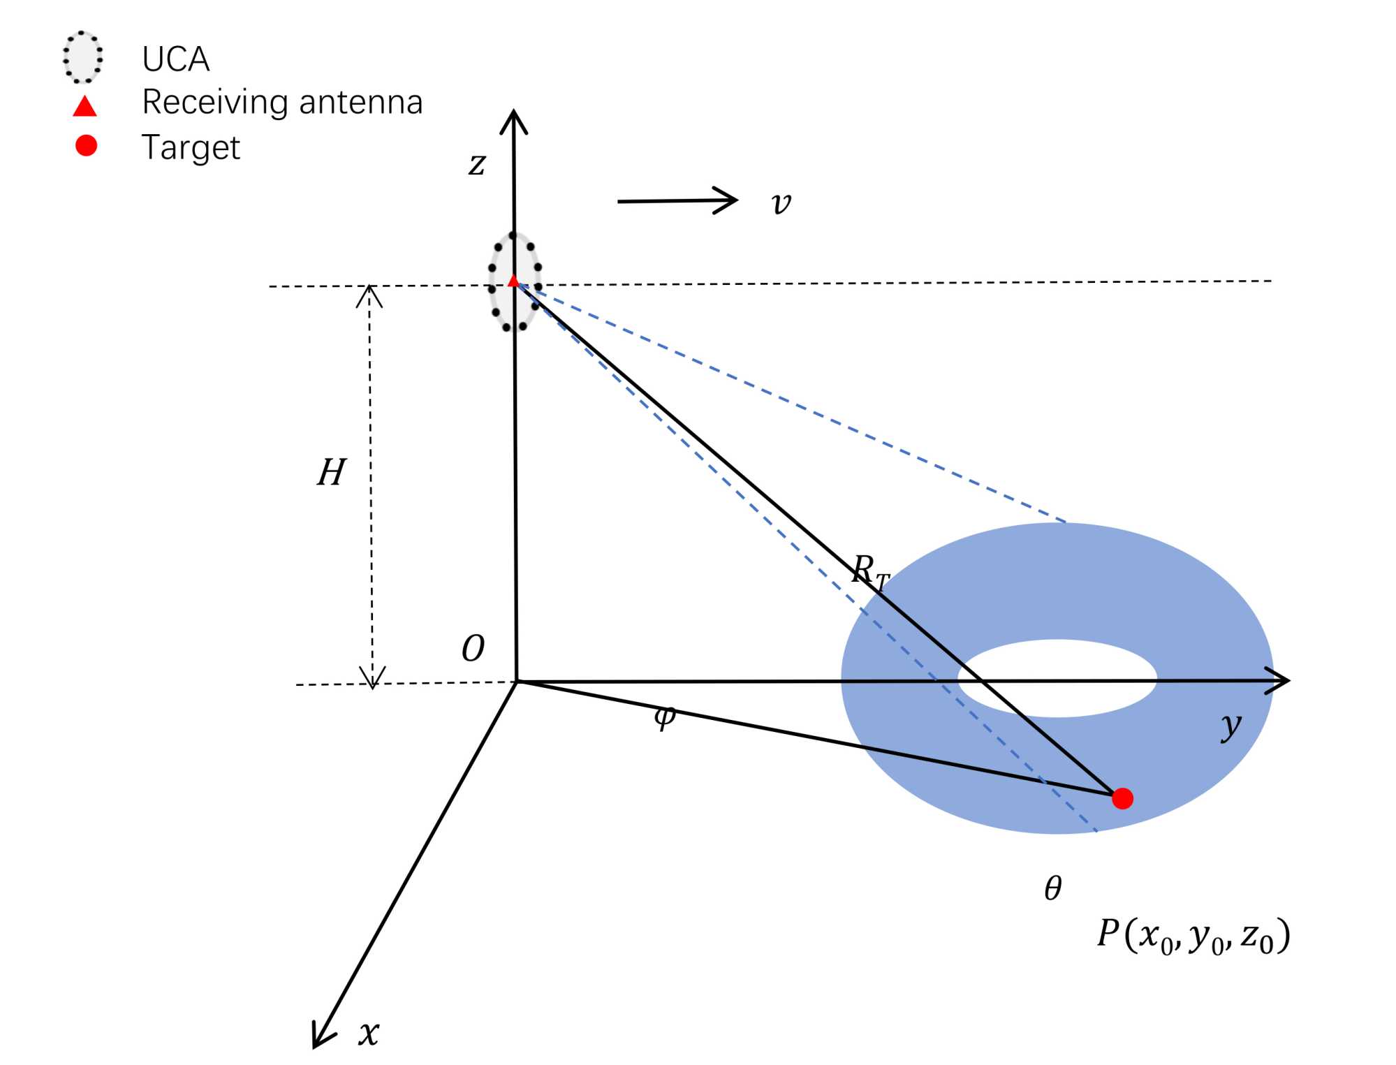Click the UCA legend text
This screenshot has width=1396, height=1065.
click(175, 59)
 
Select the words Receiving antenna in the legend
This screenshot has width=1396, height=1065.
click(282, 103)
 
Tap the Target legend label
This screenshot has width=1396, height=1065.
click(191, 147)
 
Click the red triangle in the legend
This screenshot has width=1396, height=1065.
click(85, 106)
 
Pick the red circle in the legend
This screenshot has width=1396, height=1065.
click(86, 145)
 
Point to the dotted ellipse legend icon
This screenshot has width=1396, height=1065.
click(82, 57)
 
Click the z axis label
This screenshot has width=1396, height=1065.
click(477, 165)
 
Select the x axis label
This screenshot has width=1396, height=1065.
click(369, 1032)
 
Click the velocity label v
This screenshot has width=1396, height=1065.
click(781, 203)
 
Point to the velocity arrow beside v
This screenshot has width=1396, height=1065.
click(677, 200)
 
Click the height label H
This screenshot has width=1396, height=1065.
click(331, 473)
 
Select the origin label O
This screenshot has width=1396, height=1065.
click(473, 649)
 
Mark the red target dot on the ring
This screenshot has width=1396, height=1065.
click(1122, 798)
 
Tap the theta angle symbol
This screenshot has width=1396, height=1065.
click(1053, 888)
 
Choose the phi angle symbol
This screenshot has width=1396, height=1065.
click(665, 716)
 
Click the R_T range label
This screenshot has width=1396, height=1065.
click(870, 571)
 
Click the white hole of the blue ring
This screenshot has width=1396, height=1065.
click(1057, 678)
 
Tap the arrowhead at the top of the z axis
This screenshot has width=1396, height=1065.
click(513, 120)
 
